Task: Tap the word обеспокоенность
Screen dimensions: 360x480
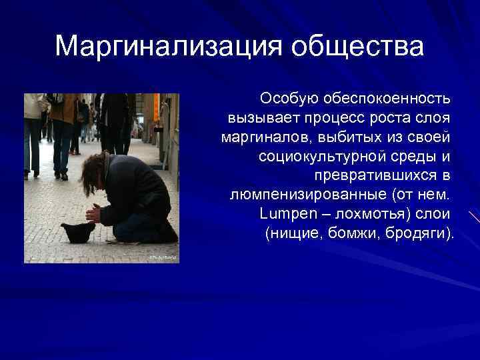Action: pos(387,99)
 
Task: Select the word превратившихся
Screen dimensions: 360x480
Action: pos(375,176)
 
